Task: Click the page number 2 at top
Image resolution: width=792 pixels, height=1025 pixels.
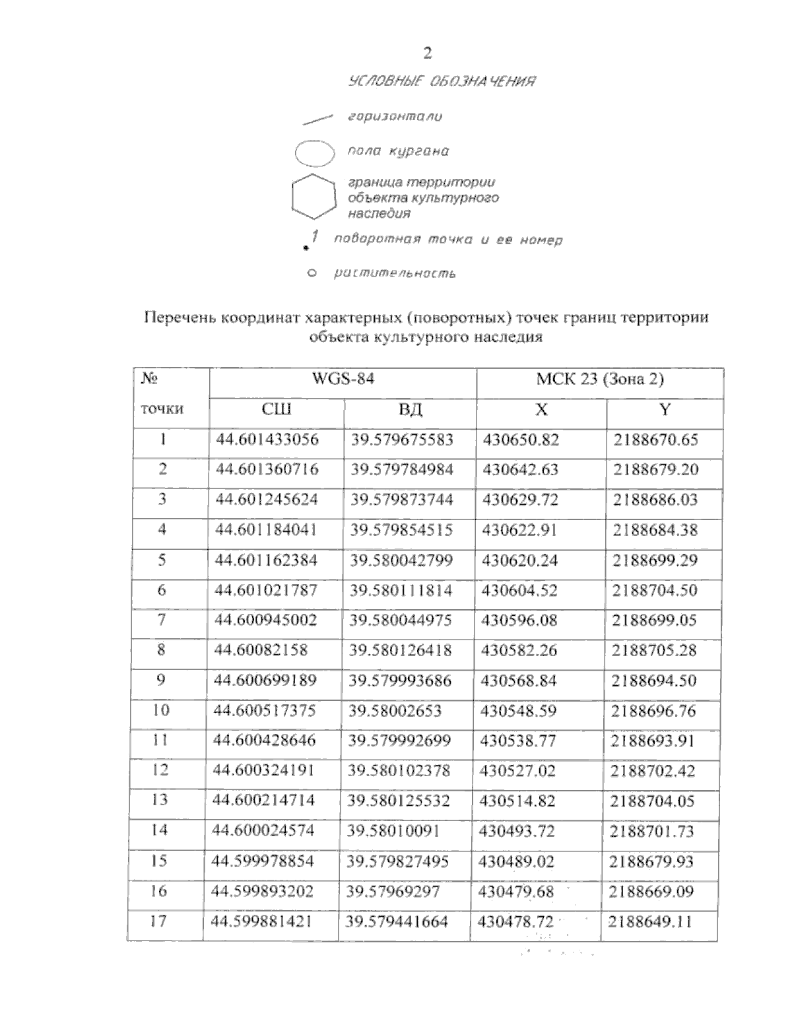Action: tap(428, 53)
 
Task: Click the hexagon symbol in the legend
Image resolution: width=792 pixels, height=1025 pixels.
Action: tap(314, 197)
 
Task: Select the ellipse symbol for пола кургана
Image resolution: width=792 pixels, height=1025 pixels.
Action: tap(315, 153)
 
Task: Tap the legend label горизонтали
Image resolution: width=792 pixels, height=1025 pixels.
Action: tap(395, 116)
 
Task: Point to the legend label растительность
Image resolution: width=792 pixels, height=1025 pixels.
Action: tap(395, 273)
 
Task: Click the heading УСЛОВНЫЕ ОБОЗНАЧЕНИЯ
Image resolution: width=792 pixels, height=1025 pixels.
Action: tap(441, 82)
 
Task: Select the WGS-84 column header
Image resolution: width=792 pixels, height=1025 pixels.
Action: tap(343, 380)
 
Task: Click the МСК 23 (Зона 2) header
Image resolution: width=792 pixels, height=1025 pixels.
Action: tap(599, 380)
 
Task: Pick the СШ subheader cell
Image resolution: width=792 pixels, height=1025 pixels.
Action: tap(277, 410)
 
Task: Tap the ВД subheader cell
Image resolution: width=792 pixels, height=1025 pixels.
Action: tap(410, 410)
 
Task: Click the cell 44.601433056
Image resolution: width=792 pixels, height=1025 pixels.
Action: tap(267, 440)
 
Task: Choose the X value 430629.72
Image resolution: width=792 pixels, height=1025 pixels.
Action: tap(520, 500)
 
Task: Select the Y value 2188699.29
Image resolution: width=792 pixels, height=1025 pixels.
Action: tap(655, 560)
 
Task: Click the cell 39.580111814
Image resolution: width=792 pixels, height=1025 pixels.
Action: tap(401, 590)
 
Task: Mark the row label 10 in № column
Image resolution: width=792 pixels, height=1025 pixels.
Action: tap(160, 710)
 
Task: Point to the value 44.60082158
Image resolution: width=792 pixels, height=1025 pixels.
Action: tap(261, 650)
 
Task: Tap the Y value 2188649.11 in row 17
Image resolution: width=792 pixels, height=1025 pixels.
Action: tap(651, 921)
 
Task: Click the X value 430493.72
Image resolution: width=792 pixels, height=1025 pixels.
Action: tap(517, 830)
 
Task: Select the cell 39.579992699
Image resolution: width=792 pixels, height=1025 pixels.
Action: tap(399, 741)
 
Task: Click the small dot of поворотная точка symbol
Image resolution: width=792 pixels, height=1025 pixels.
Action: tap(306, 248)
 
